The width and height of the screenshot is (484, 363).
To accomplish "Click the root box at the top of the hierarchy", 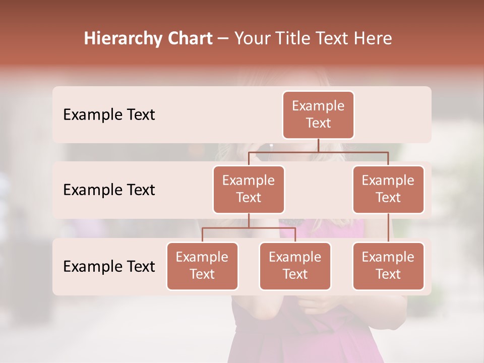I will pos(318,114).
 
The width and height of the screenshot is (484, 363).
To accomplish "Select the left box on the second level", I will pos(249,189).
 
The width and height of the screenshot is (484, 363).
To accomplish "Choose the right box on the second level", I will pos(388,189).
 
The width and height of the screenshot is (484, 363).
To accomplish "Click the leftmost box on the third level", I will pos(202,266).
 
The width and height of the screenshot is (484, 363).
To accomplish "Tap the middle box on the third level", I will pos(295,266).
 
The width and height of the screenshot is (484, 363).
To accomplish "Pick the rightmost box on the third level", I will pos(388,266).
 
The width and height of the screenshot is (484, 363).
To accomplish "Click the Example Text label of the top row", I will pos(109,115).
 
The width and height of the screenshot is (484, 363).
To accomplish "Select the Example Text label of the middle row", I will pos(109,190).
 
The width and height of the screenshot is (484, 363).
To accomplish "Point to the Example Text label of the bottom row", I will pos(109,266).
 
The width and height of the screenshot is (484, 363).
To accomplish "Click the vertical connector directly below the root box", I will pos(318,145).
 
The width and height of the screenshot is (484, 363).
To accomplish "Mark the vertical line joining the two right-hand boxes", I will pos(388,227).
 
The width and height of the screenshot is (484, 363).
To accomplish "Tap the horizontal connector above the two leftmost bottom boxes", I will pos(249,228).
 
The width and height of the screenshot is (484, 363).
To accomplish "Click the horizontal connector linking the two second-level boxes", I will pos(353,152).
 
